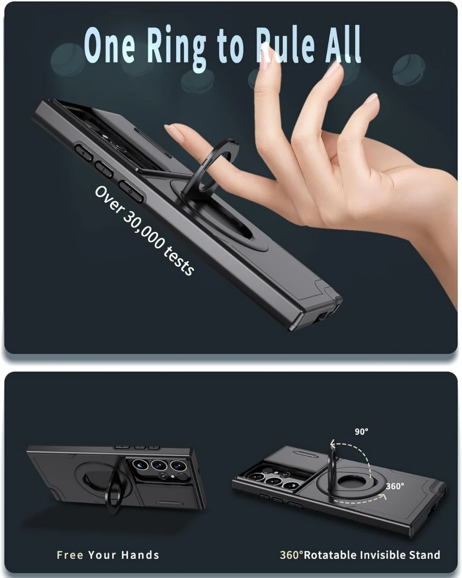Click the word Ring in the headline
coord(177,48)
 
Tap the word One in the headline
coord(110,45)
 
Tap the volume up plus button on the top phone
coord(83,152)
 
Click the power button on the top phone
coord(131,191)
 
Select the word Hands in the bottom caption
coord(140,554)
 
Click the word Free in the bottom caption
coord(70,554)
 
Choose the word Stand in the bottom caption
coord(425,554)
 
